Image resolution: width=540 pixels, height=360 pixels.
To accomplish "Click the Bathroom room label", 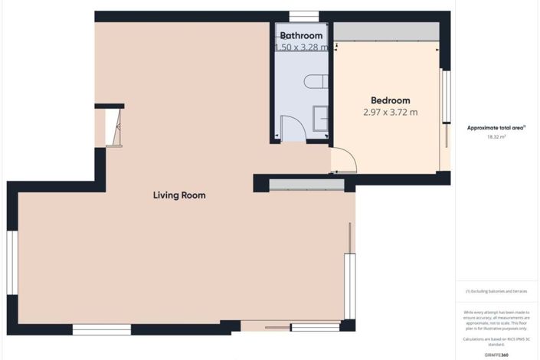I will [x=301, y=35].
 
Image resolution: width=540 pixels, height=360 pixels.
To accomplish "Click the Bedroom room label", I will [x=390, y=100].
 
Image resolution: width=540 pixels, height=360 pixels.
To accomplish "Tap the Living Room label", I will [x=179, y=195].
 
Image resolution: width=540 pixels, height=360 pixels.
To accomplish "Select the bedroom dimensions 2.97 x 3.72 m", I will [x=390, y=113].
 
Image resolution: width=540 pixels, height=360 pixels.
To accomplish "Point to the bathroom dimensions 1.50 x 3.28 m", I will [x=301, y=47].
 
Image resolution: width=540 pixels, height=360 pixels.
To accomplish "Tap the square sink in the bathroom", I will [x=321, y=117].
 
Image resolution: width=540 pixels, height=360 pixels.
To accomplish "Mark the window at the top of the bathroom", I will [x=305, y=15].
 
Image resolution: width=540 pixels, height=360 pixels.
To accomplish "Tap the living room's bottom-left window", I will [x=102, y=329].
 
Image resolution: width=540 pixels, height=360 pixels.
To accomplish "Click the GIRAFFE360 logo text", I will [x=497, y=355].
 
